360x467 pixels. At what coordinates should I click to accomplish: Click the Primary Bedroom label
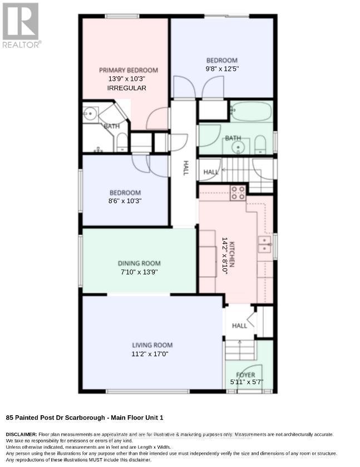(129, 70)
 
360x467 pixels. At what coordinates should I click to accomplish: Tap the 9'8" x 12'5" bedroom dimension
(222, 69)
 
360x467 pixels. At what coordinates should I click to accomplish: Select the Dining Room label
(139, 263)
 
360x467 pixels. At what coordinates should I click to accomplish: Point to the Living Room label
(152, 345)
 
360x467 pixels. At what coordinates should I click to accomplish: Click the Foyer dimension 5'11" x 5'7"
(247, 382)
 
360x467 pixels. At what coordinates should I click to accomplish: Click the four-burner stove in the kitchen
(238, 193)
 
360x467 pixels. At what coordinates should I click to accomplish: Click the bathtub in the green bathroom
(251, 111)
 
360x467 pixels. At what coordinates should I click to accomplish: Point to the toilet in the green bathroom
(260, 145)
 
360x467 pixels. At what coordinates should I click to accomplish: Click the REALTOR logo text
(22, 45)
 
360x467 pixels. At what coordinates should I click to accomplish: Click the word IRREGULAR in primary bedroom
(126, 88)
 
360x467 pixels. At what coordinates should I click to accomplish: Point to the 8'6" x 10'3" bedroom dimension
(125, 201)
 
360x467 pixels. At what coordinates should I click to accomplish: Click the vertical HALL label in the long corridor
(186, 168)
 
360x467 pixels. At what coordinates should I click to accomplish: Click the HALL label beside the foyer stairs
(240, 326)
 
